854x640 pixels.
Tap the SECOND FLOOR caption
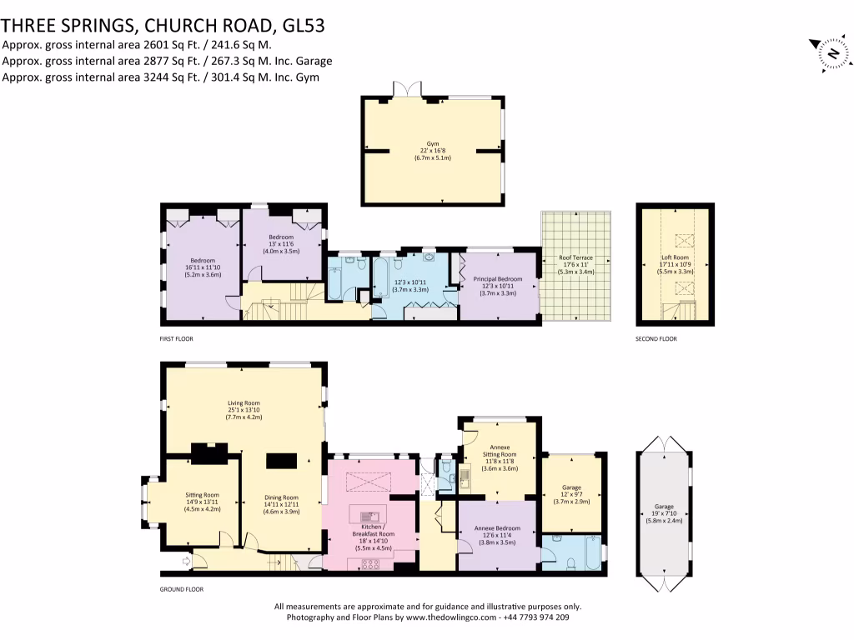click(656, 339)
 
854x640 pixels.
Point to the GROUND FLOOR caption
click(182, 588)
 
